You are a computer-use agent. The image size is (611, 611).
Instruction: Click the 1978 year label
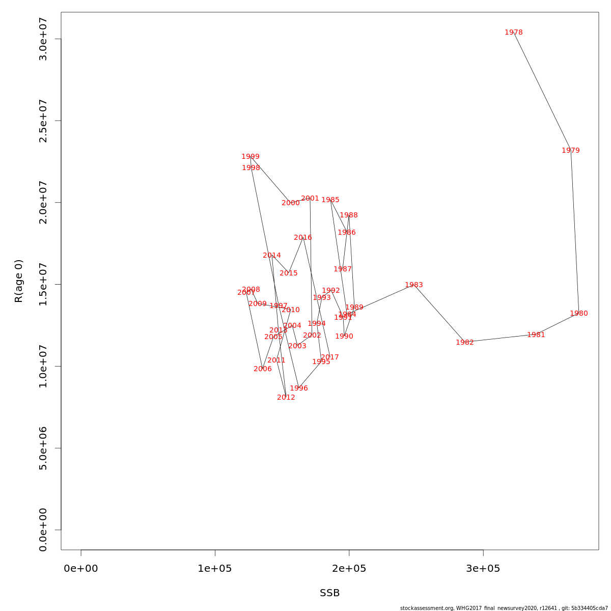[x=513, y=33]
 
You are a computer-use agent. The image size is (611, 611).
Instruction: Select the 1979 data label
[x=570, y=151]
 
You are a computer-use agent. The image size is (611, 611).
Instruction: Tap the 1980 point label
[x=578, y=314]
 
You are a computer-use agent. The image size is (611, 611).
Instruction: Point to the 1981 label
[x=536, y=335]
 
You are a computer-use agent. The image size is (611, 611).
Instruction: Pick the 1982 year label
[x=464, y=343]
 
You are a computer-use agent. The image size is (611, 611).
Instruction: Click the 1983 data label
[x=413, y=285]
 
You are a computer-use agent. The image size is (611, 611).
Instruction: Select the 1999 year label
[x=250, y=157]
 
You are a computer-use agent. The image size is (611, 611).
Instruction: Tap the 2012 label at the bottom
[x=286, y=398]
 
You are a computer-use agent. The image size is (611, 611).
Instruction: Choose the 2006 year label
[x=262, y=369]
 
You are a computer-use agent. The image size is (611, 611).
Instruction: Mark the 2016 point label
[x=302, y=238]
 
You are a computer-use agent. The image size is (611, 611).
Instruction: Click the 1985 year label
[x=330, y=200]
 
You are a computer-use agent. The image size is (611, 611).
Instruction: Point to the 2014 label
[x=271, y=256]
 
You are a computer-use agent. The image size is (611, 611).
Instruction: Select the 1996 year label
[x=298, y=388]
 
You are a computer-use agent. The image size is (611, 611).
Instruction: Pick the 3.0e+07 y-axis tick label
[x=43, y=39]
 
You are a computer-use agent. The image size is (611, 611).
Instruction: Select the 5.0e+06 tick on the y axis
[x=43, y=448]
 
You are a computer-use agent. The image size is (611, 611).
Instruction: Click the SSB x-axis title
[x=329, y=593]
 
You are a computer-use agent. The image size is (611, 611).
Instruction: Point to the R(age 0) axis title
[x=19, y=281]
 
